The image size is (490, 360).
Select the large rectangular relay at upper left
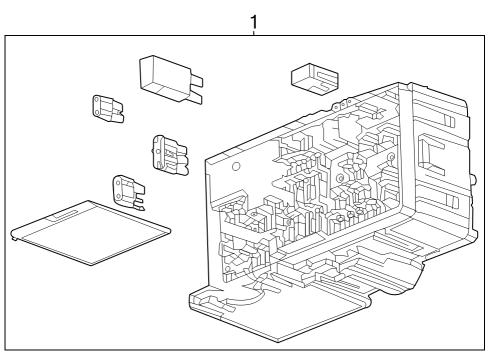point(164,75)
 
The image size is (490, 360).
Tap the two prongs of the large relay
point(195,95)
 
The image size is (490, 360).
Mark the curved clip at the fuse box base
point(244,295)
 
